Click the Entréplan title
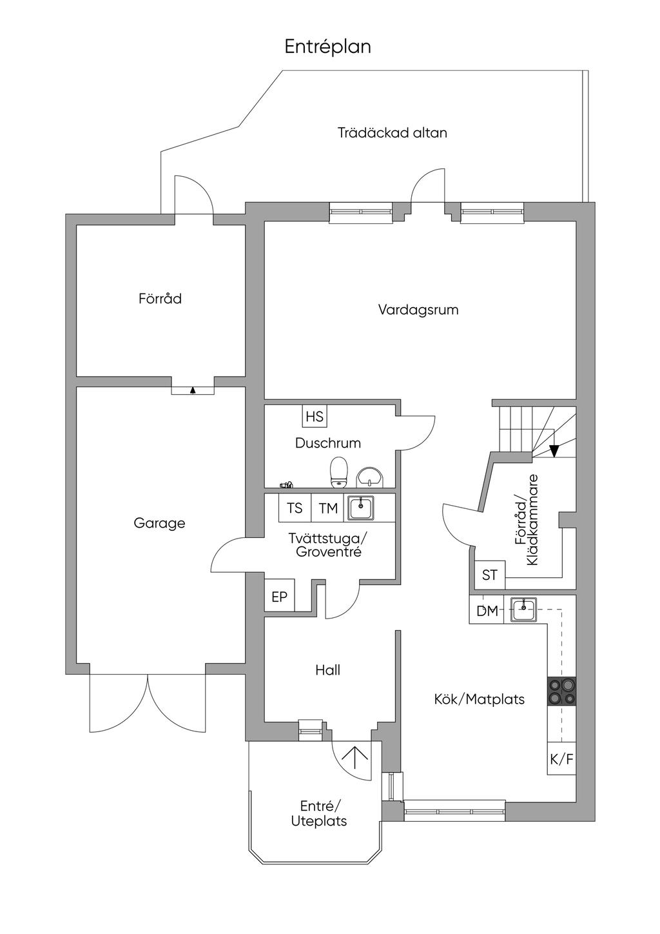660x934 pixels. coord(328,47)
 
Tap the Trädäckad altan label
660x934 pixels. coord(393,133)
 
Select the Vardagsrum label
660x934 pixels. coord(418,310)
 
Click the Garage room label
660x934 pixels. coord(159,523)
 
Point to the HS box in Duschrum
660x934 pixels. coord(315,417)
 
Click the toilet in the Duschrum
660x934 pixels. coord(338,472)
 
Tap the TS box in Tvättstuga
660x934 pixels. coord(295,508)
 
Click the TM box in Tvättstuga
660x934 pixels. coord(328,508)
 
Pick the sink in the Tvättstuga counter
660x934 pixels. coord(361,508)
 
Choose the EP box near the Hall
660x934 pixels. coord(279,597)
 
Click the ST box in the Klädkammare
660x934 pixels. coord(490,574)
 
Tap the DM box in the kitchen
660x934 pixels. coord(487,610)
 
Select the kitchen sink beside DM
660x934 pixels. coord(524,609)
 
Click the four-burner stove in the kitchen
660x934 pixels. coord(561,691)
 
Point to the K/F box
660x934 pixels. coord(561,760)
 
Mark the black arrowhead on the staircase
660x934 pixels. coord(553,451)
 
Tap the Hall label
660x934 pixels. coord(327,670)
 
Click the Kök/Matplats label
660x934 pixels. coord(479,699)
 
